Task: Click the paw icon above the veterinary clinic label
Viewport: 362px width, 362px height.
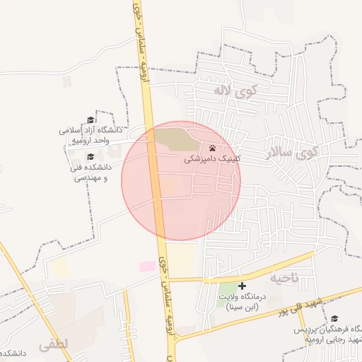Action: (x=214, y=148)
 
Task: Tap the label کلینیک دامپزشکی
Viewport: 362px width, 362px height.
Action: (x=213, y=160)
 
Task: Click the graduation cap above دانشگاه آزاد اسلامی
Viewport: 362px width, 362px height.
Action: (x=90, y=119)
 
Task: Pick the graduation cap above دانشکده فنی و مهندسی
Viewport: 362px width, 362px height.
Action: (x=90, y=156)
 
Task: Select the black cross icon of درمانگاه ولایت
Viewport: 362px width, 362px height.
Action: (x=243, y=286)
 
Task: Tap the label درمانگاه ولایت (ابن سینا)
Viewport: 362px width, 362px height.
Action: (x=243, y=303)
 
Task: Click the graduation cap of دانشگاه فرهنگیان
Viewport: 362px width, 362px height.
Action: (x=334, y=319)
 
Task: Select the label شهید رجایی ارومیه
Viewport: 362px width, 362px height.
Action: (x=332, y=341)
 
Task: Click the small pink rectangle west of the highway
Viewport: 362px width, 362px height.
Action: (x=147, y=266)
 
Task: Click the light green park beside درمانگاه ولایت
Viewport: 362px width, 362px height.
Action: (x=228, y=289)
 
